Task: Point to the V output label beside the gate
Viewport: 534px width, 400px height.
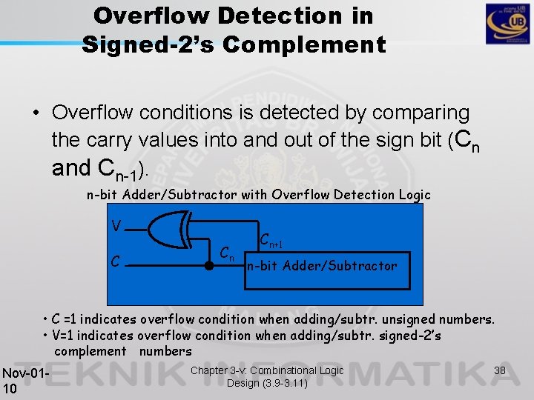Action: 116,225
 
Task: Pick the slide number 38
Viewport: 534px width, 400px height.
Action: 500,369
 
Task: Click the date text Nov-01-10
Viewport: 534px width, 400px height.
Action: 24,380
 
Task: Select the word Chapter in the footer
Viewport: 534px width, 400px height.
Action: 211,370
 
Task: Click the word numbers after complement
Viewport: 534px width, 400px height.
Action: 165,351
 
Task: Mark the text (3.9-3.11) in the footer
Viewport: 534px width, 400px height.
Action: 286,383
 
